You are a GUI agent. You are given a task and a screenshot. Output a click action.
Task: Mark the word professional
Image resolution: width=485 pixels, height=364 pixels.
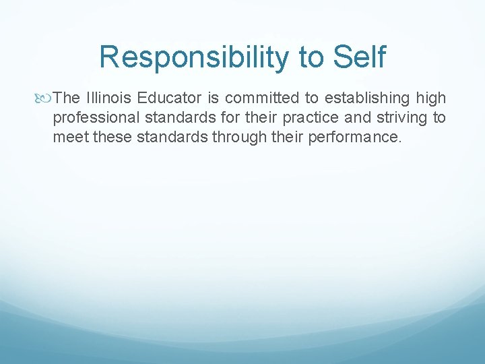[x=94, y=119]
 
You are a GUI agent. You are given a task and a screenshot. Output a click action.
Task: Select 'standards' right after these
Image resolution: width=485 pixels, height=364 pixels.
[x=172, y=139]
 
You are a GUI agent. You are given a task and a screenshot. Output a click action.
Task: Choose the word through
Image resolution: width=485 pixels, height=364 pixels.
[x=238, y=139]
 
